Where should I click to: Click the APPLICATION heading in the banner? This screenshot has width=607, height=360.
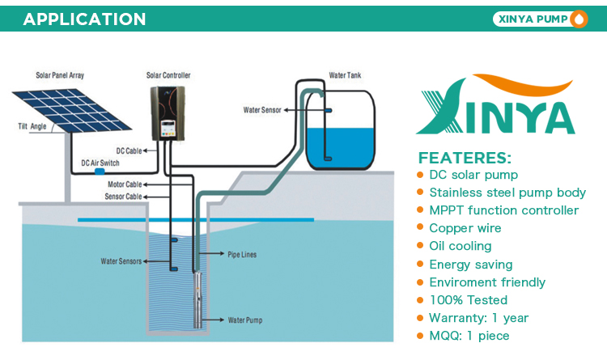point(84,19)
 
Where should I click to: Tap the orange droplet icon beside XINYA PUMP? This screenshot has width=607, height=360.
point(579,19)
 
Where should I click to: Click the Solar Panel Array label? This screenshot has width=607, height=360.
point(60,75)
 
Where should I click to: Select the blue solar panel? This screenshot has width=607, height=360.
point(72,111)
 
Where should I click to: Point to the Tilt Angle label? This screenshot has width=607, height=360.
point(32,126)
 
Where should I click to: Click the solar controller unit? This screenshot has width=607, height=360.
point(168,113)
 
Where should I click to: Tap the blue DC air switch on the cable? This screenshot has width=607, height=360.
point(100,172)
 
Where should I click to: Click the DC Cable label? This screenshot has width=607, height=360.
point(129,151)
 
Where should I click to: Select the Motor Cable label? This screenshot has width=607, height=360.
point(125,184)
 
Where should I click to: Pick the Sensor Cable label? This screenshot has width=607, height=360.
point(124,197)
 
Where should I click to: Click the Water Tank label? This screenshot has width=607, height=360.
point(345,75)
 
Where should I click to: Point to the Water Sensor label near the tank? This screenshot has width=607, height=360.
point(262,110)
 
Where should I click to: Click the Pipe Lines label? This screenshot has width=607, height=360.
point(242,255)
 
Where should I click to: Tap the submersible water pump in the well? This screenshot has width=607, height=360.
point(197,299)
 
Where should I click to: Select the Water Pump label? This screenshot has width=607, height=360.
point(245,320)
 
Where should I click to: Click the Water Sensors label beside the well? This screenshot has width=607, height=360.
point(121,261)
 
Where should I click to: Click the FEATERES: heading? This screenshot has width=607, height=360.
point(465,158)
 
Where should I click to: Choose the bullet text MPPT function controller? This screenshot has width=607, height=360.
point(504,210)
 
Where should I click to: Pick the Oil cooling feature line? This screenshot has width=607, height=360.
point(461,246)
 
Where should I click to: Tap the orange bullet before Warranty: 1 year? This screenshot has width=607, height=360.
point(420,318)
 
